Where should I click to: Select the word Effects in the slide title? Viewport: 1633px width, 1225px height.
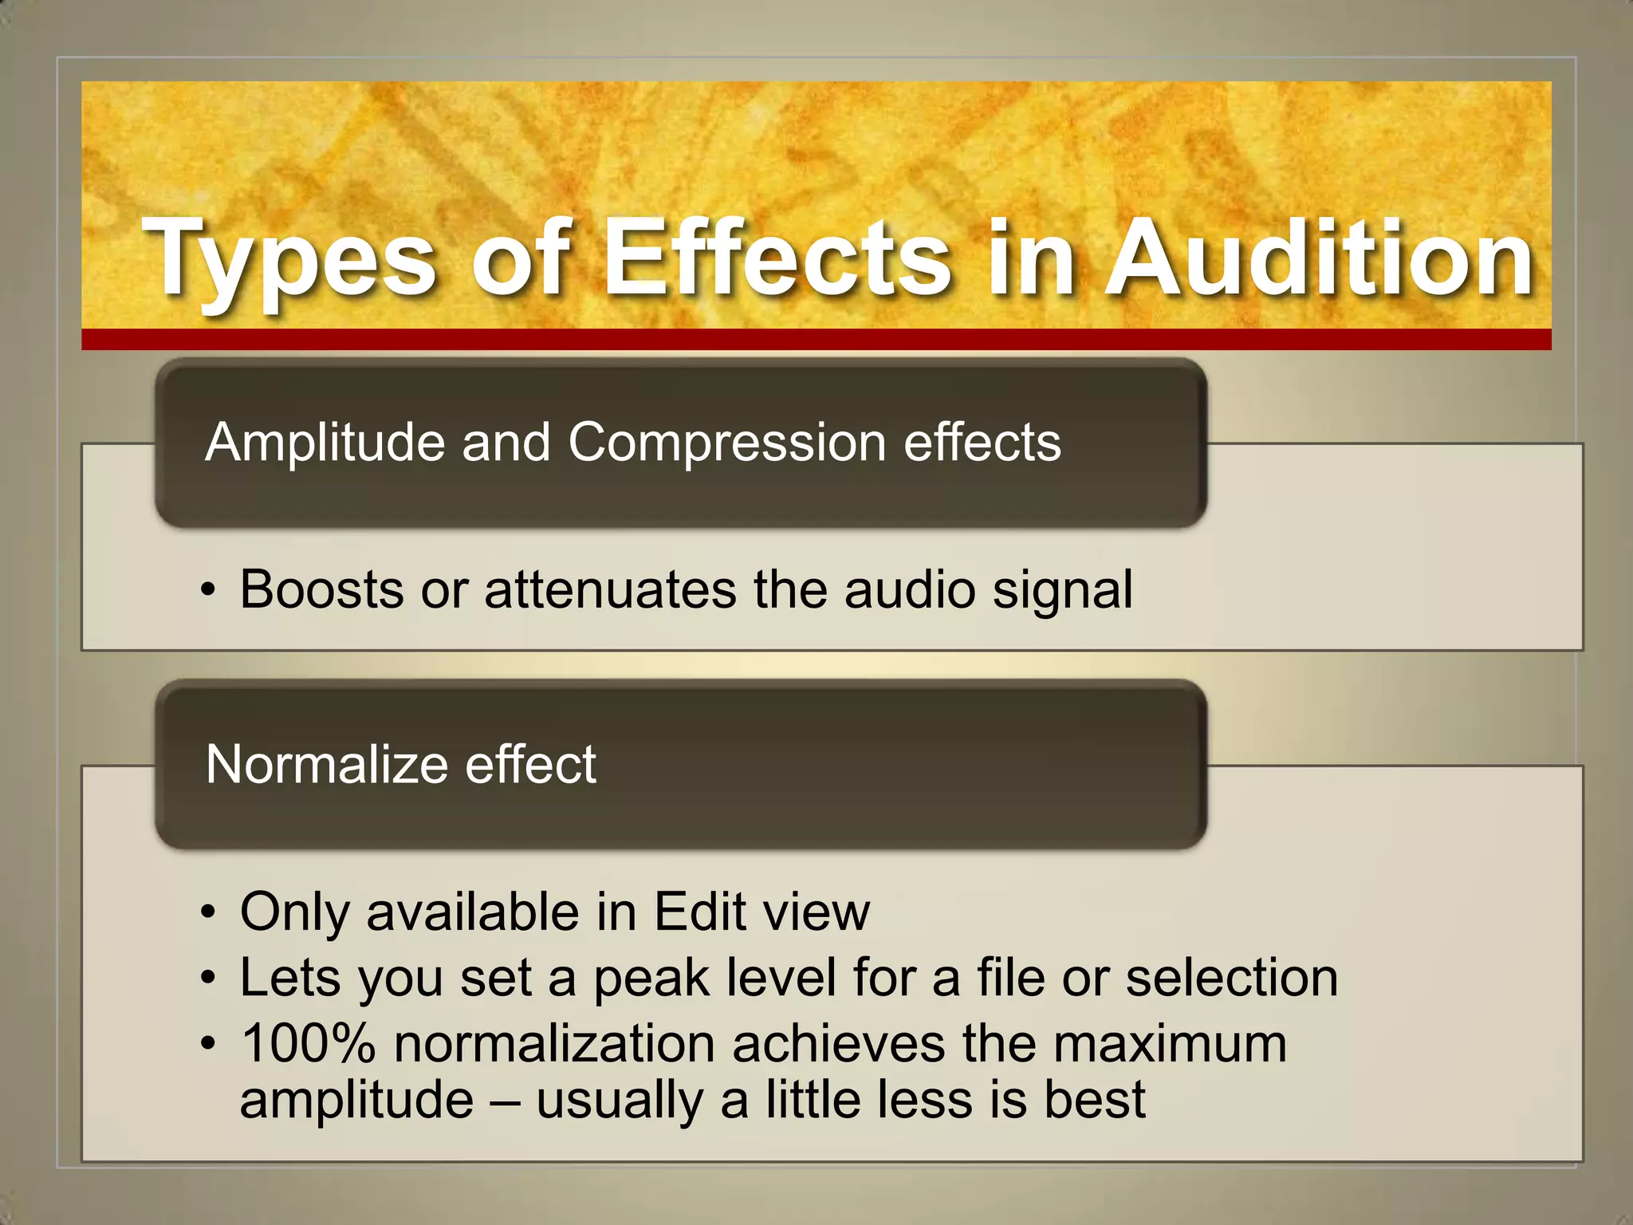pyautogui.click(x=777, y=259)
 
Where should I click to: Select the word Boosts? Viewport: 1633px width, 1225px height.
pyautogui.click(x=321, y=590)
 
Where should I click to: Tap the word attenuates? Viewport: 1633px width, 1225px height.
pyautogui.click(x=610, y=590)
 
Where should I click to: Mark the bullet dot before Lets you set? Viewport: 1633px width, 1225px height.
pyautogui.click(x=208, y=978)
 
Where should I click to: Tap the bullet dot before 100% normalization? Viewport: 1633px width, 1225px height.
pyautogui.click(x=208, y=1044)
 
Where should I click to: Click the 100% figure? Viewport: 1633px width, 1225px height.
pyautogui.click(x=308, y=1043)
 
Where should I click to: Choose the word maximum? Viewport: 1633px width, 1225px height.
pyautogui.click(x=1170, y=1045)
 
